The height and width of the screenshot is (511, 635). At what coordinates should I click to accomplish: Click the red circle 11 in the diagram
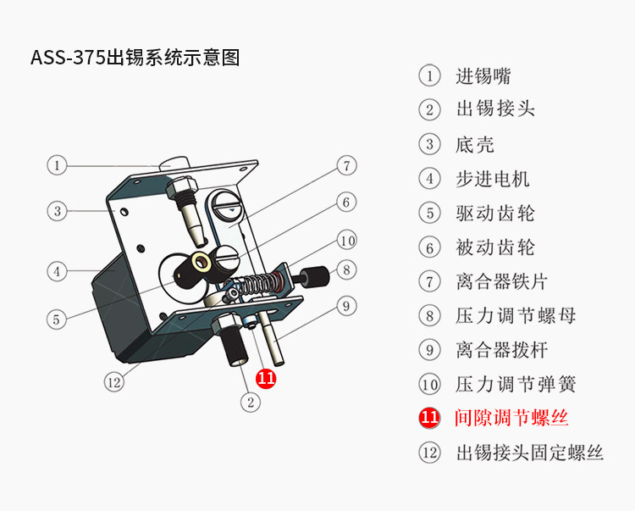(x=266, y=378)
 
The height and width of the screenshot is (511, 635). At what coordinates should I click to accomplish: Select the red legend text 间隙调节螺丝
(x=511, y=418)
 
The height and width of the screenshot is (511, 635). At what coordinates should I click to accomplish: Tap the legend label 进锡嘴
(x=483, y=76)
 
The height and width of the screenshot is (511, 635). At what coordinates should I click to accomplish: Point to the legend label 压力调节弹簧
(x=516, y=384)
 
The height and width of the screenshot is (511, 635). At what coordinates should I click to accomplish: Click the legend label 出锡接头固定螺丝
(x=529, y=453)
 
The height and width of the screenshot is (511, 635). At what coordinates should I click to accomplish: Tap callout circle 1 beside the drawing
(x=57, y=165)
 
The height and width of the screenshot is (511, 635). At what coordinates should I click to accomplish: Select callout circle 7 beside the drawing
(x=345, y=165)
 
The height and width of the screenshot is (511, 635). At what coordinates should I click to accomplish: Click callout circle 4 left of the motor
(x=57, y=271)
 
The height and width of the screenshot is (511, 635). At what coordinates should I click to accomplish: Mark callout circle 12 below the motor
(x=114, y=381)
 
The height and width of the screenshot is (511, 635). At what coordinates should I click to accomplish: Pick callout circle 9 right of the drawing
(x=345, y=306)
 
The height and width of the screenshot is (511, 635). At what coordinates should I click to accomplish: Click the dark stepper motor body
(x=135, y=314)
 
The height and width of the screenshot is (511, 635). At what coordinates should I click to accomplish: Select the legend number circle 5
(x=430, y=213)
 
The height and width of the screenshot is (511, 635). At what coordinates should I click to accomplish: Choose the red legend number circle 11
(x=430, y=418)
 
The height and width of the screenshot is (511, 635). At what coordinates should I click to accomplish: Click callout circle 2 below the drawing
(x=249, y=403)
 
